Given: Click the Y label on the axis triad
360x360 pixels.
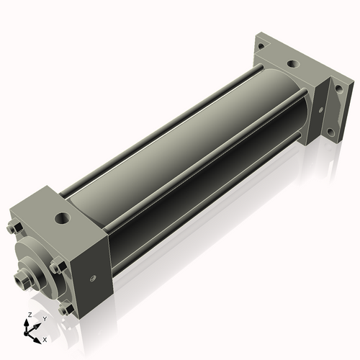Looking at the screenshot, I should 44,318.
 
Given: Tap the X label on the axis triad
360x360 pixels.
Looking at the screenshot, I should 45,338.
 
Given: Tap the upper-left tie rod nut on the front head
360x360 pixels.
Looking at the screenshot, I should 14,230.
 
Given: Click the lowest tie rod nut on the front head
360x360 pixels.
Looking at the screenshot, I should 66,310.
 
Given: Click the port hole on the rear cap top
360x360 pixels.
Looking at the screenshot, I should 291,64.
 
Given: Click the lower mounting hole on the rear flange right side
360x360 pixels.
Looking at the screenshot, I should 330,132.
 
